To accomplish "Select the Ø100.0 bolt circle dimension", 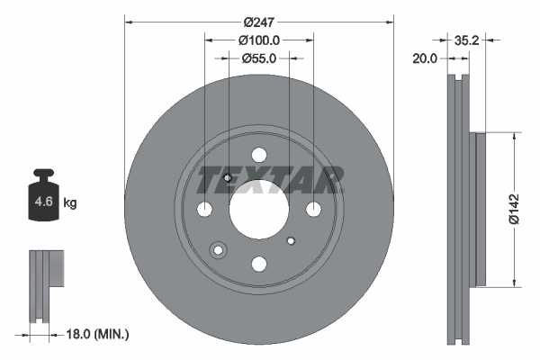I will click(x=259, y=40).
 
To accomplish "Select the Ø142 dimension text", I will click(x=512, y=208).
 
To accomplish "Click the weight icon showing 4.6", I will click(x=43, y=198).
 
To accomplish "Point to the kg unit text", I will click(x=70, y=203).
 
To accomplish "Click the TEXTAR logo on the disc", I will click(x=269, y=180).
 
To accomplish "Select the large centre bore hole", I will click(x=258, y=209).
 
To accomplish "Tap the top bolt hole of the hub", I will click(x=258, y=155).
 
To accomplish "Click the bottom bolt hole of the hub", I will click(x=258, y=264).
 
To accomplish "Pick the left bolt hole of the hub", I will click(x=204, y=210).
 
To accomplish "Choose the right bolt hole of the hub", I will click(x=313, y=210).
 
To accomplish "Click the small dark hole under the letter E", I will click(x=229, y=177).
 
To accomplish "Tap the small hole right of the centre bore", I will click(x=290, y=241).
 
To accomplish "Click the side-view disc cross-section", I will click(x=461, y=209).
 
